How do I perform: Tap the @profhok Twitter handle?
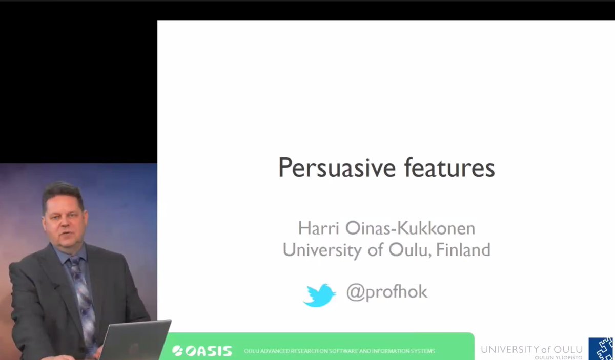[x=386, y=292]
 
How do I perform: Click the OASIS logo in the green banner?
[x=202, y=351]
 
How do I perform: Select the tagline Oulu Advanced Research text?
[x=339, y=351]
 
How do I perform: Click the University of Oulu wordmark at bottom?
[x=531, y=349]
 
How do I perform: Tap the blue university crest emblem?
[x=601, y=349]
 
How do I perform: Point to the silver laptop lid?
[x=135, y=340]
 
